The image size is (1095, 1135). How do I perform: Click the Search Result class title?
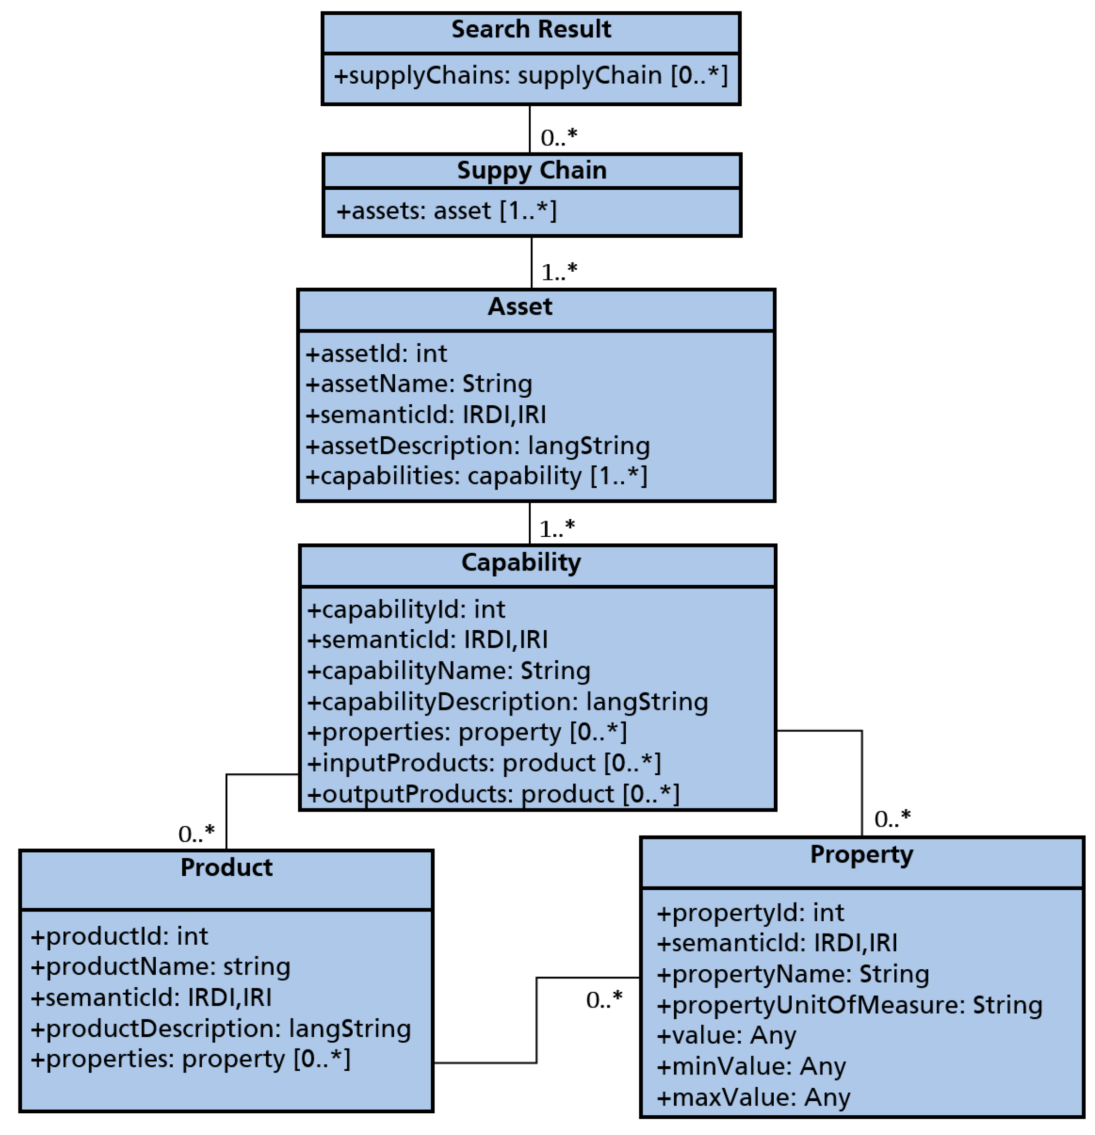(x=531, y=30)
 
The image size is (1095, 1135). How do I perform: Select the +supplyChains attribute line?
(x=531, y=76)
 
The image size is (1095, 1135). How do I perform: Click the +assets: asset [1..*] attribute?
(x=446, y=211)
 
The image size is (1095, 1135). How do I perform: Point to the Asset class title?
(x=520, y=307)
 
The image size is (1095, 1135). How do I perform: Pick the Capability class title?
(x=521, y=563)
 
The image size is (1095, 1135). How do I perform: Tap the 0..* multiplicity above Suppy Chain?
(x=558, y=138)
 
